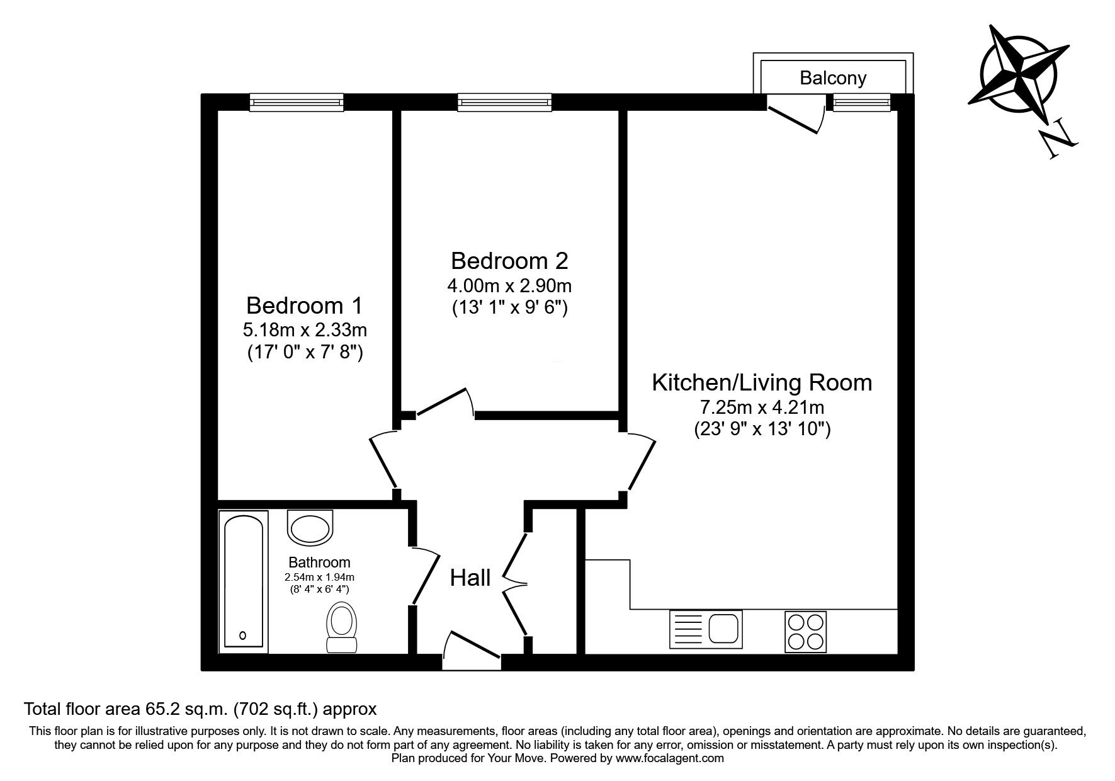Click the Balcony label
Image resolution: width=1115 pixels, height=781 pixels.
pyautogui.click(x=832, y=78)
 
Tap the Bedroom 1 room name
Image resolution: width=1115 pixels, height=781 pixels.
pyautogui.click(x=304, y=305)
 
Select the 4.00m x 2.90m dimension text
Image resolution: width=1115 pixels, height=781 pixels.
pyautogui.click(x=509, y=286)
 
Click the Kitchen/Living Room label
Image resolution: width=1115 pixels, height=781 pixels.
pyautogui.click(x=762, y=382)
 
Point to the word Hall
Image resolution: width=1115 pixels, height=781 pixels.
pyautogui.click(x=470, y=578)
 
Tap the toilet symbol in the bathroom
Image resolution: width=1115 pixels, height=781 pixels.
pyautogui.click(x=342, y=627)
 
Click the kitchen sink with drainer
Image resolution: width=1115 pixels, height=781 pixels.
pyautogui.click(x=706, y=629)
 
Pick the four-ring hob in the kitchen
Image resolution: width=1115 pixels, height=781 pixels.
pyautogui.click(x=805, y=632)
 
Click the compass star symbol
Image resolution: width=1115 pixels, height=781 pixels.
pyautogui.click(x=1017, y=72)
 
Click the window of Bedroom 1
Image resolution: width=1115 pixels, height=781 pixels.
pyautogui.click(x=297, y=102)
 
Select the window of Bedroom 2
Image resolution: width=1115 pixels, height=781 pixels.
pyautogui.click(x=504, y=102)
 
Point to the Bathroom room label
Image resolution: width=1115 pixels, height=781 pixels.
pyautogui.click(x=319, y=562)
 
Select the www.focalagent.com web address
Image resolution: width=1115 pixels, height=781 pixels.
pyautogui.click(x=670, y=758)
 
